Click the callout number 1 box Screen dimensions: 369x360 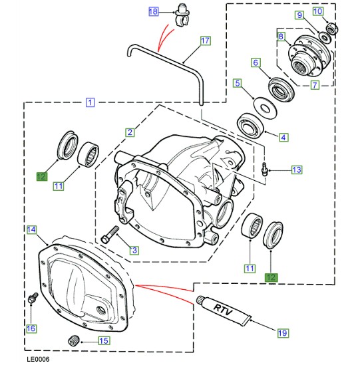click(x=90, y=103)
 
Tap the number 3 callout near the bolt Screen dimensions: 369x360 click(x=134, y=251)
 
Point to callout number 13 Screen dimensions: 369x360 click(x=297, y=170)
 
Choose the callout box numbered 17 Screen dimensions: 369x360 click(x=205, y=41)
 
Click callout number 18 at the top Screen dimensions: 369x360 click(x=154, y=12)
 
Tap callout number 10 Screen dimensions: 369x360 click(x=335, y=11)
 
